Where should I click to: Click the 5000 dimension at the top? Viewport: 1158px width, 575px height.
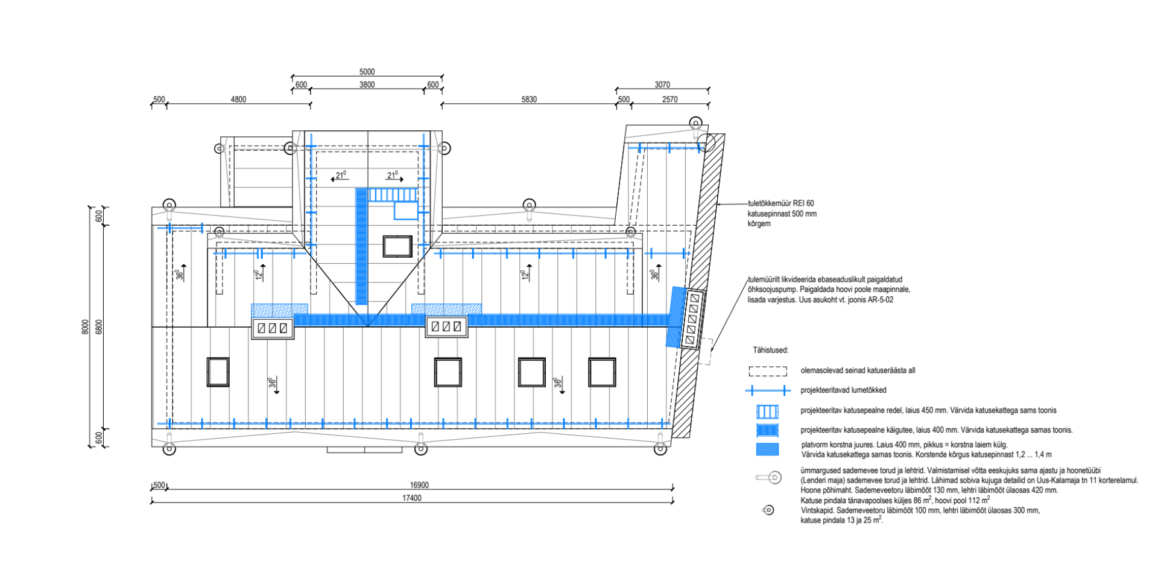point(367,72)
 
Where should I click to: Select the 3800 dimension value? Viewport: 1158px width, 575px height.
point(367,85)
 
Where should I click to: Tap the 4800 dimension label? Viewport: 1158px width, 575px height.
point(238,100)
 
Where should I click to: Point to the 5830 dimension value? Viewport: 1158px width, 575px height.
point(529,100)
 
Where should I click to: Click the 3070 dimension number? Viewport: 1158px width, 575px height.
point(662,85)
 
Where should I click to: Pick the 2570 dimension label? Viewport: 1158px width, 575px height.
point(669,100)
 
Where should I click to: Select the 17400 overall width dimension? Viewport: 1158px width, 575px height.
point(412,498)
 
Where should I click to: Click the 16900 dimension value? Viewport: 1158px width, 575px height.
point(419,486)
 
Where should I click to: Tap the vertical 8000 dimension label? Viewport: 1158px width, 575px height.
point(85,327)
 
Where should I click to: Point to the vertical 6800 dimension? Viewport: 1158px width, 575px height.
point(100,327)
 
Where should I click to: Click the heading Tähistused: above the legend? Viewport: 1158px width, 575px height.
point(770,350)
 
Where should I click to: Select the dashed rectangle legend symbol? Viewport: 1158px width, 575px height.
point(768,371)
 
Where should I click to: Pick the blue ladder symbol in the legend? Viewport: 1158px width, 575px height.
point(768,411)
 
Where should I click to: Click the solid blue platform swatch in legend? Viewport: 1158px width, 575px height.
point(768,450)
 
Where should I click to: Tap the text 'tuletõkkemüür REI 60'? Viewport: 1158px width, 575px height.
point(781,204)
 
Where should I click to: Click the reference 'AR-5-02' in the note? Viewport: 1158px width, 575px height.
point(880,300)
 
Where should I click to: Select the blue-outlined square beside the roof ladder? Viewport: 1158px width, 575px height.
point(406,211)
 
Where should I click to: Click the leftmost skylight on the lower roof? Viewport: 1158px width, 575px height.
point(218,372)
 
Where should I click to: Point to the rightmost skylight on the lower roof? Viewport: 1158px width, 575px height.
point(602,372)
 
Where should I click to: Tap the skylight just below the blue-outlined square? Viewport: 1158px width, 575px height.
point(397,246)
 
